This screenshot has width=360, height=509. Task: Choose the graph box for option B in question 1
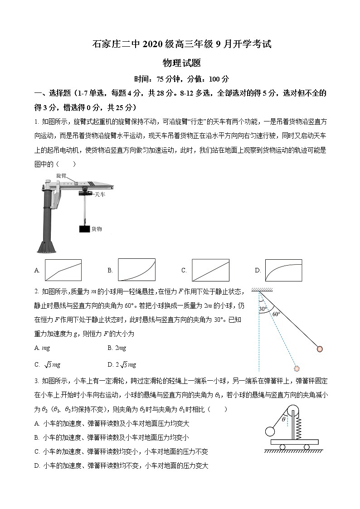(x=136, y=270)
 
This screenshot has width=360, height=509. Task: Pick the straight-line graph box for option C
(x=210, y=270)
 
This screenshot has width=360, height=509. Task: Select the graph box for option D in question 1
(x=283, y=270)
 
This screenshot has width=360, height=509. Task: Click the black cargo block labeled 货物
(x=84, y=229)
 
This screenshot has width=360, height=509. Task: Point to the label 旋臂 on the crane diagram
(x=62, y=175)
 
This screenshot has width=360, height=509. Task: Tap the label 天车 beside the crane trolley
(x=100, y=194)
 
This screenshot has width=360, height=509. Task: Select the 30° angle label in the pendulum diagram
(x=263, y=309)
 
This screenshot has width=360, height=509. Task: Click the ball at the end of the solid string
(x=320, y=349)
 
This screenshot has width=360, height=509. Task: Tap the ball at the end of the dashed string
(x=297, y=368)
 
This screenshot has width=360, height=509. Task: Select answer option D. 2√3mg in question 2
(x=122, y=364)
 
